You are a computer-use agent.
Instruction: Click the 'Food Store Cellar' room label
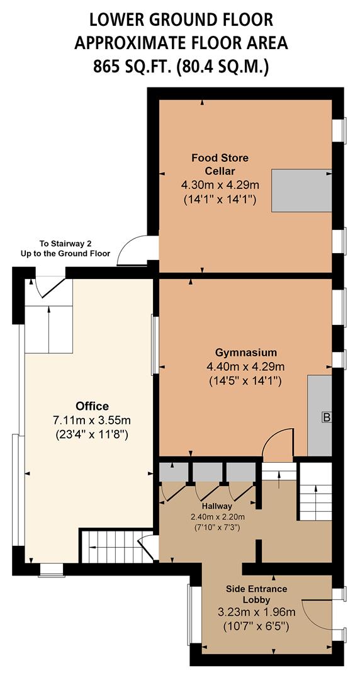pyautogui.click(x=219, y=164)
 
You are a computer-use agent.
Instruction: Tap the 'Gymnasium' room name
pyautogui.click(x=245, y=352)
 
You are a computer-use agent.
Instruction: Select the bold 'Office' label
pyautogui.click(x=92, y=405)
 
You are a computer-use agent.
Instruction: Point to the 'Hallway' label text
pyautogui.click(x=217, y=506)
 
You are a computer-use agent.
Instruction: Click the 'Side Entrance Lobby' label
pyautogui.click(x=256, y=594)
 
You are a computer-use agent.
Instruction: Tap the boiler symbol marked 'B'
pyautogui.click(x=326, y=417)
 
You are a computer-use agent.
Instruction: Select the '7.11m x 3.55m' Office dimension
pyautogui.click(x=93, y=420)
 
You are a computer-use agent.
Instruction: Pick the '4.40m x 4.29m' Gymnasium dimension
pyautogui.click(x=245, y=366)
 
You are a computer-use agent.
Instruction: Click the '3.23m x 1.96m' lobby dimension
pyautogui.click(x=257, y=612)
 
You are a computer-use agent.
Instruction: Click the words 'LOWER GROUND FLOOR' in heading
pyautogui.click(x=181, y=20)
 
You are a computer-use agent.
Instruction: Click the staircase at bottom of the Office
pyautogui.click(x=106, y=546)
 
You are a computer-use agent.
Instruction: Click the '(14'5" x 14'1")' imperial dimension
pyautogui.click(x=245, y=381)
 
